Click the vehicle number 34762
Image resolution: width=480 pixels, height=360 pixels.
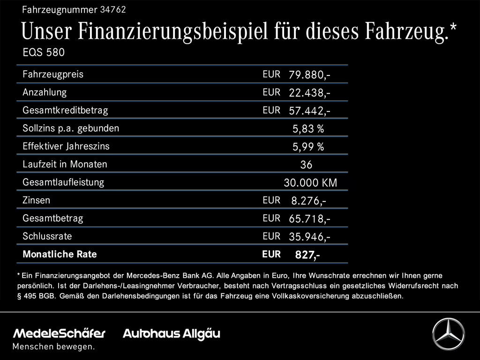(x=113, y=9)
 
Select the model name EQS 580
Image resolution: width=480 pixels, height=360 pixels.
(x=44, y=52)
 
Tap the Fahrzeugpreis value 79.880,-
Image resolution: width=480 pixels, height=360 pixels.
(x=309, y=75)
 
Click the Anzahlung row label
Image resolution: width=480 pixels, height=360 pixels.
(x=45, y=92)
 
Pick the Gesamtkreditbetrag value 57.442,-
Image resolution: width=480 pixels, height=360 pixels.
(x=309, y=111)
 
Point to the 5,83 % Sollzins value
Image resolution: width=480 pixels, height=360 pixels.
(x=308, y=129)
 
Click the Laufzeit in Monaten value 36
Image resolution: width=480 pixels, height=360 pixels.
(x=306, y=165)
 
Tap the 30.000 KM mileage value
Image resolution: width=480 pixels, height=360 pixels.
(x=310, y=183)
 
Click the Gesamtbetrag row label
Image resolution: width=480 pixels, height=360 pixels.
(x=52, y=218)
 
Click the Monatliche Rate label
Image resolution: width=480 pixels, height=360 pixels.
(x=60, y=255)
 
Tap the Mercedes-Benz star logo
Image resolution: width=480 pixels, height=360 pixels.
(x=448, y=334)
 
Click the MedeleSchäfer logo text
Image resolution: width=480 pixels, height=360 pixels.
(x=59, y=334)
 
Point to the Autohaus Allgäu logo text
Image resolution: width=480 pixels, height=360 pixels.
(x=171, y=334)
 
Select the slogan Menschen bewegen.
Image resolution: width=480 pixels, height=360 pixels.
(x=53, y=347)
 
